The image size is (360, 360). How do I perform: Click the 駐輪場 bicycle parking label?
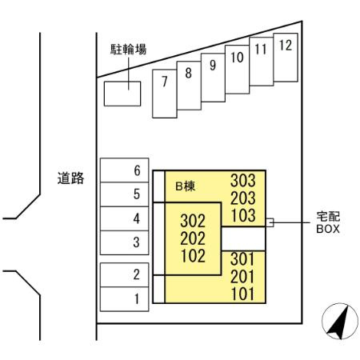click(x=129, y=50)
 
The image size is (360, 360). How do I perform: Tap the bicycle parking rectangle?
click(x=122, y=94)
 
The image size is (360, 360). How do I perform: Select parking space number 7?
click(x=165, y=94)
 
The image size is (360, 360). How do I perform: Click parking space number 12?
click(x=286, y=58)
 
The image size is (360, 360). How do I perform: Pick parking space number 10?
click(x=237, y=70)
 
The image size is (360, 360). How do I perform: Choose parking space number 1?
click(x=124, y=299)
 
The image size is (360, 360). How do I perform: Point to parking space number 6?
click(x=124, y=170)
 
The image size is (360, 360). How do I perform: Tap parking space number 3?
click(x=124, y=242)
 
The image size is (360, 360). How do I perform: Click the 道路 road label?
click(x=70, y=178)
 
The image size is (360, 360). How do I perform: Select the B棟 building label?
click(x=185, y=186)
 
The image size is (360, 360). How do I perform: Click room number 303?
click(x=243, y=181)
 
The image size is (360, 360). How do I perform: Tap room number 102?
click(x=193, y=256)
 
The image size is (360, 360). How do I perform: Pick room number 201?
click(x=242, y=277)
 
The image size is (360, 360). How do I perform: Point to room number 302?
click(x=193, y=221)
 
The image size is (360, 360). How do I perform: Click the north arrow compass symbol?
click(x=340, y=321)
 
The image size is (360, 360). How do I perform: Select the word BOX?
click(x=328, y=229)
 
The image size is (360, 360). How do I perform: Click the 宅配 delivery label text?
click(x=328, y=217)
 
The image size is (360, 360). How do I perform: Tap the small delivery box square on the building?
click(x=270, y=222)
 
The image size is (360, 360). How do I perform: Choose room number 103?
click(x=243, y=215)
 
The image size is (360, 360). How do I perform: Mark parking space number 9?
click(x=213, y=78)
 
